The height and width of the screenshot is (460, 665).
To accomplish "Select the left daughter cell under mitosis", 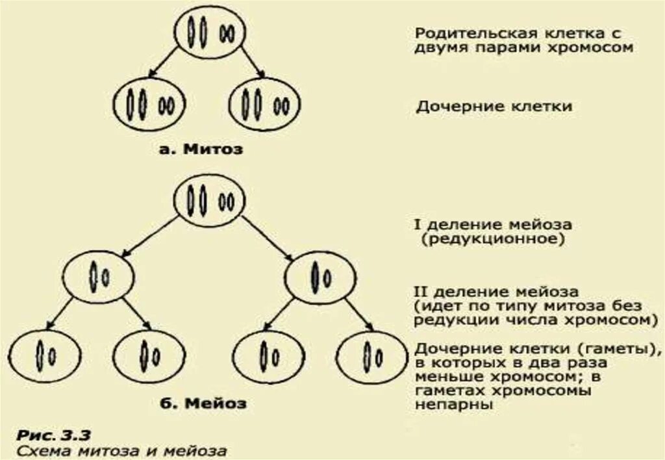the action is tap(149, 104).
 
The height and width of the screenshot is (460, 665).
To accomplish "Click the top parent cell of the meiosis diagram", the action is tap(209, 201).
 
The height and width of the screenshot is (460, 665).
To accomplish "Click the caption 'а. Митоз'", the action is tap(201, 149).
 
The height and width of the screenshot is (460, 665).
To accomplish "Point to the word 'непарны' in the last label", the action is tap(455, 404).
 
